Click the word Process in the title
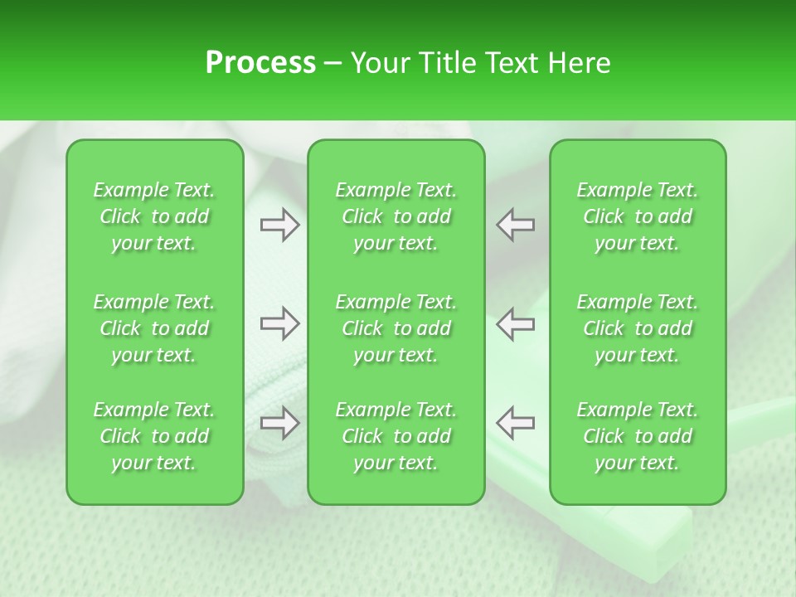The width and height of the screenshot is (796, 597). (x=260, y=63)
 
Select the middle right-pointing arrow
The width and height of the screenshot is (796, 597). (x=279, y=323)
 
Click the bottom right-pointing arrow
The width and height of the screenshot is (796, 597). (x=279, y=424)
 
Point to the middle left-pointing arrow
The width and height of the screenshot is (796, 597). (x=516, y=323)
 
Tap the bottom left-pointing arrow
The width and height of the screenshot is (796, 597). (x=516, y=424)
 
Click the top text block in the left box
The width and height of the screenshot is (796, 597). (x=154, y=216)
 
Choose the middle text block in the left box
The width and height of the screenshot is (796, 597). (x=154, y=328)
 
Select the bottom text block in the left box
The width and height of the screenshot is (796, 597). (x=154, y=436)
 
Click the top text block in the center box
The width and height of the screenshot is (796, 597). (x=396, y=216)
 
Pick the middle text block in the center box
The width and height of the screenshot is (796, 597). (x=396, y=328)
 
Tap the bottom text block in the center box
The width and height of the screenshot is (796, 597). (x=396, y=436)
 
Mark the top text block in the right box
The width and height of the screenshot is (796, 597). (x=638, y=216)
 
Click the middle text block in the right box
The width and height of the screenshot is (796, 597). (x=638, y=328)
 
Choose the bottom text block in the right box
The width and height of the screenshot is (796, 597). (x=638, y=436)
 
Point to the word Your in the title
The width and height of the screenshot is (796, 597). (x=377, y=63)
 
